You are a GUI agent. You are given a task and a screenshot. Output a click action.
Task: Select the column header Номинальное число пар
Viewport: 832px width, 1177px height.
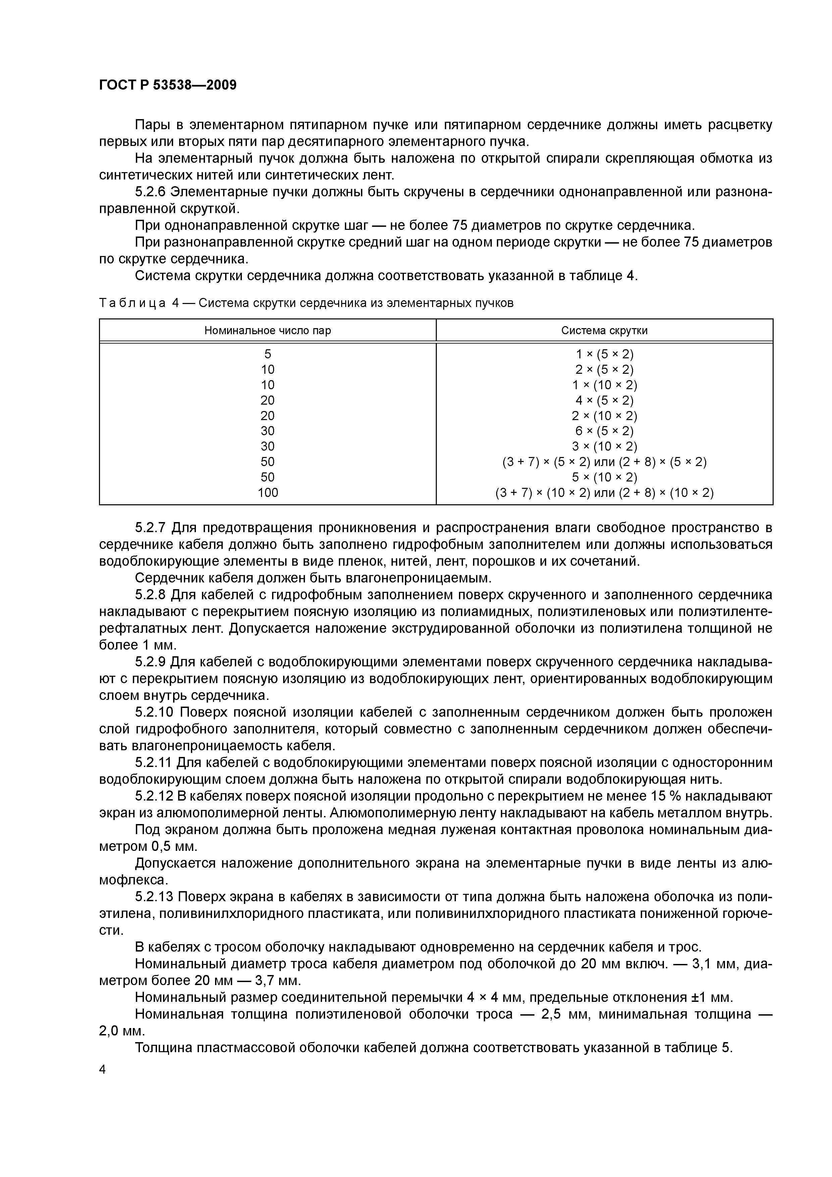point(268,330)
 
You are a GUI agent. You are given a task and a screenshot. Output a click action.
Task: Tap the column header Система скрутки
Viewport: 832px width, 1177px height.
point(605,330)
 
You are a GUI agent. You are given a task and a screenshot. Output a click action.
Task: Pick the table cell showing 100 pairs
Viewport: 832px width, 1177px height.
point(268,493)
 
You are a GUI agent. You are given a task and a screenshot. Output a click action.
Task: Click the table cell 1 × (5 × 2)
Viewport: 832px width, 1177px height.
point(605,354)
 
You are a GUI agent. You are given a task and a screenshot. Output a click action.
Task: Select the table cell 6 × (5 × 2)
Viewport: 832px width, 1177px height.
point(605,431)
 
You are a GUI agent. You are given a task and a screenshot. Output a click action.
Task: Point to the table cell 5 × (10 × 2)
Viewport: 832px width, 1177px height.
point(605,477)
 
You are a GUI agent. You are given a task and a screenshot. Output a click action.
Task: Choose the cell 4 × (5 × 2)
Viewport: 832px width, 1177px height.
point(605,400)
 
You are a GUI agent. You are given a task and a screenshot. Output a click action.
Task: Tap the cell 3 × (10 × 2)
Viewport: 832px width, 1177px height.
point(605,447)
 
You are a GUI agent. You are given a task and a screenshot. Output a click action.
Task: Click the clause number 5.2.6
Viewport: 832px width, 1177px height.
point(150,192)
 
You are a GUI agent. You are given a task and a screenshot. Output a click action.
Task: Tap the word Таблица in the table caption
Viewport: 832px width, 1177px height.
point(132,303)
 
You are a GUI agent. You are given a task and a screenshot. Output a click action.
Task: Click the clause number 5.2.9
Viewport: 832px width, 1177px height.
point(150,662)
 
